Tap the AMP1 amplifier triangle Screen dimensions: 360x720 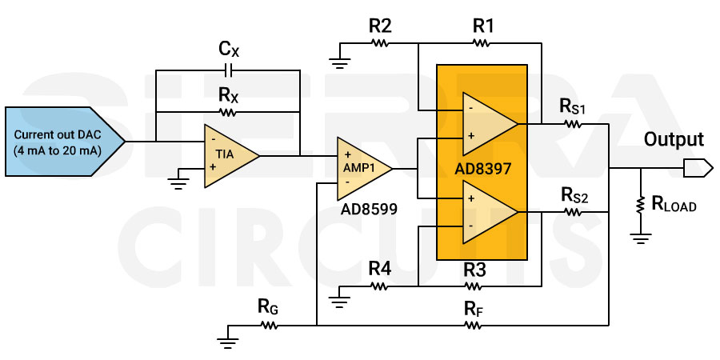tap(361, 168)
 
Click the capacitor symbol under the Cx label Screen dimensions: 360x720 tap(228, 70)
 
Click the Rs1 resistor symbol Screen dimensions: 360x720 tap(573, 124)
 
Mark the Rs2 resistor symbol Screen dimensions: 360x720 tap(573, 212)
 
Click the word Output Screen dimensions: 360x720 tap(674, 140)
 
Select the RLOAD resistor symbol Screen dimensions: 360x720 tap(640, 204)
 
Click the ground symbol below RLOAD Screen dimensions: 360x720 tap(640, 238)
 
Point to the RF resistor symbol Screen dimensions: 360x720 tap(473, 326)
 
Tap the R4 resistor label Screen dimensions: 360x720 tap(379, 269)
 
